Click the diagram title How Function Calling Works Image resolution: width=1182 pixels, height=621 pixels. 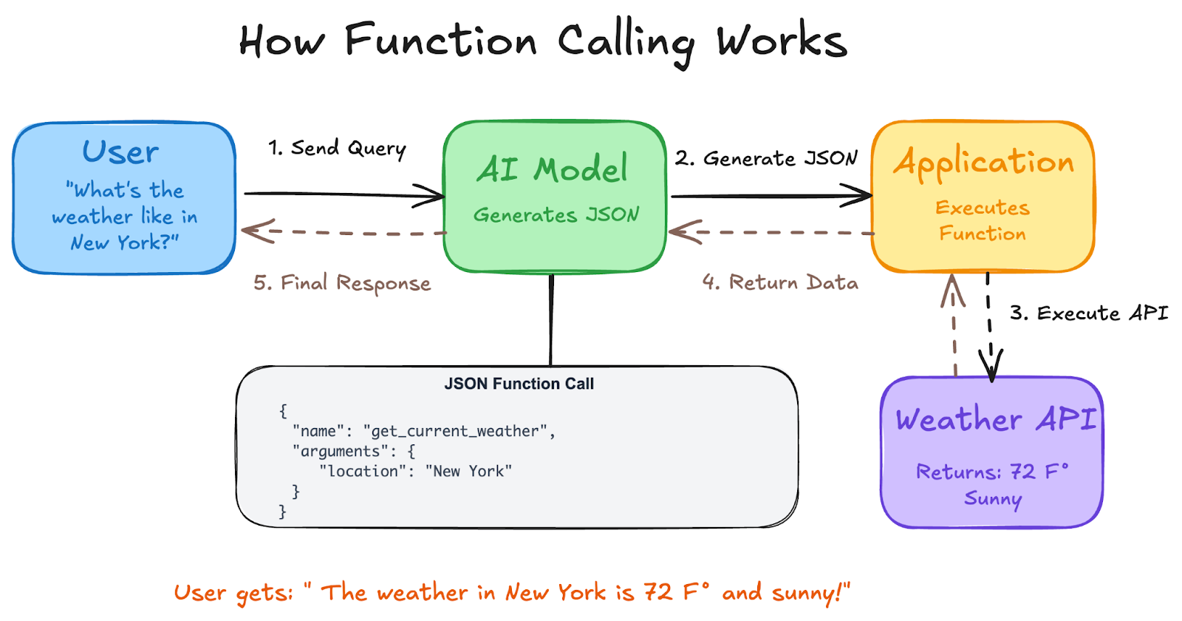543,41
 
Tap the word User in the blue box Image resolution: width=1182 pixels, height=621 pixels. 120,152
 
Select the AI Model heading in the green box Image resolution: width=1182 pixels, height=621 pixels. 553,169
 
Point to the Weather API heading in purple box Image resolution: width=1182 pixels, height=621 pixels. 995,419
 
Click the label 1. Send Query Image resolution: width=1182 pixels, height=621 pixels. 337,148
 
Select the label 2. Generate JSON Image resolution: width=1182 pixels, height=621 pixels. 765,158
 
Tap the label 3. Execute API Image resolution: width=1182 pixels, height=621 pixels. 1089,313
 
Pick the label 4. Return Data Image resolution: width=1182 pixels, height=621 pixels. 780,282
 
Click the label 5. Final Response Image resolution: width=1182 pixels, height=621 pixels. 342,283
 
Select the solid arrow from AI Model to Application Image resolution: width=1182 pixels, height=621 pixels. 768,196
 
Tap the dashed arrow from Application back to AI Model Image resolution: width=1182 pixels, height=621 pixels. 772,232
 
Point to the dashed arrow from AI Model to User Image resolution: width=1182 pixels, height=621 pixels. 344,233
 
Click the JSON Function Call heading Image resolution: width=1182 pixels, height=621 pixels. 519,384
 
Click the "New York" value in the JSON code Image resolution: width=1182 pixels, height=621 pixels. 468,471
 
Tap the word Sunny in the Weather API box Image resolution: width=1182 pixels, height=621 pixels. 992,499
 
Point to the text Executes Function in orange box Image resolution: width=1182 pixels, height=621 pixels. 983,220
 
